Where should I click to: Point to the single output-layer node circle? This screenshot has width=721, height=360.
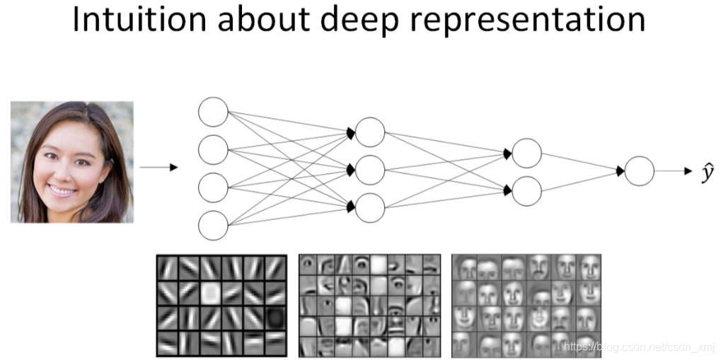coord(639,171)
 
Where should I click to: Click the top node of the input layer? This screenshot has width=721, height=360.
coord(213,112)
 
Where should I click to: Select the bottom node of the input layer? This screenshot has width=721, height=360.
coord(213,226)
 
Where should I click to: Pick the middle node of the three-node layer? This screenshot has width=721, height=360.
coord(370,170)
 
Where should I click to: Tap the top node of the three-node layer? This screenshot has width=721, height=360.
coord(370,132)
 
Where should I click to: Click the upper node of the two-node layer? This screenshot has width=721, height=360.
coord(526,153)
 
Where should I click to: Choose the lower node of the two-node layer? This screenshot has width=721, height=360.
coord(526,190)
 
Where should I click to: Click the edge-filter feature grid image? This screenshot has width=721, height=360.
coord(221,305)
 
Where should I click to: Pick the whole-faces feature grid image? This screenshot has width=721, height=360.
coord(526,305)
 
